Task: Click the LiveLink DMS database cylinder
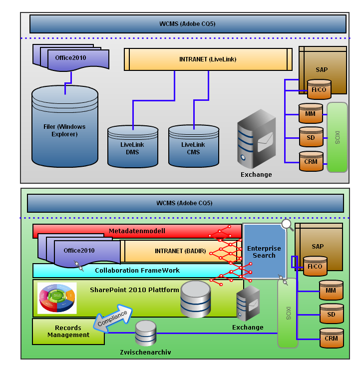(x=133, y=146)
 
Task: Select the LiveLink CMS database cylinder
(x=194, y=146)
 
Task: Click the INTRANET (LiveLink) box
(x=208, y=59)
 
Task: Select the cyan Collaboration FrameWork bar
(x=137, y=271)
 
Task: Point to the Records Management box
(x=68, y=332)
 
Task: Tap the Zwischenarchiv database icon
(x=146, y=333)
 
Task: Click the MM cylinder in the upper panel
(x=310, y=113)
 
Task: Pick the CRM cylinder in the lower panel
(x=331, y=338)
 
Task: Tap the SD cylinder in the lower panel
(x=331, y=314)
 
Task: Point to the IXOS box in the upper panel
(x=337, y=137)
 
